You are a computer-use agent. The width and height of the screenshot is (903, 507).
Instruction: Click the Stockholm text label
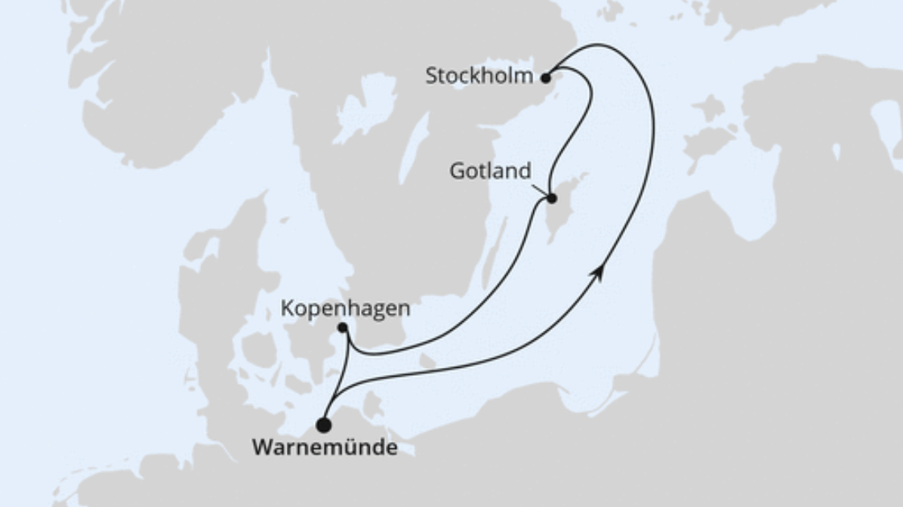pos(478,76)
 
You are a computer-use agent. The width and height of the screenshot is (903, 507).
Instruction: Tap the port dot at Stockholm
pos(546,78)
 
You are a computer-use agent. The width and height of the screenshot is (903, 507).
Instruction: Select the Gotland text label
pos(490,171)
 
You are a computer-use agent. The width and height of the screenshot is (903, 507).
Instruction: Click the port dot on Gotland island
pos(552,198)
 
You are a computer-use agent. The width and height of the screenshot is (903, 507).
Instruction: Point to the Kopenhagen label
pos(346,307)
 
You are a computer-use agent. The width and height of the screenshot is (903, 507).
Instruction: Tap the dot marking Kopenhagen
pos(342,328)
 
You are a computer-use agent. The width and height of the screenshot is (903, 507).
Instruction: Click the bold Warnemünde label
pos(325,447)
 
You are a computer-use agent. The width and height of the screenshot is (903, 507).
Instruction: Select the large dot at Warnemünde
pos(323,425)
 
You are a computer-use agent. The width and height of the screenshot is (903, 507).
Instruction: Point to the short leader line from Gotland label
pos(540,190)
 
